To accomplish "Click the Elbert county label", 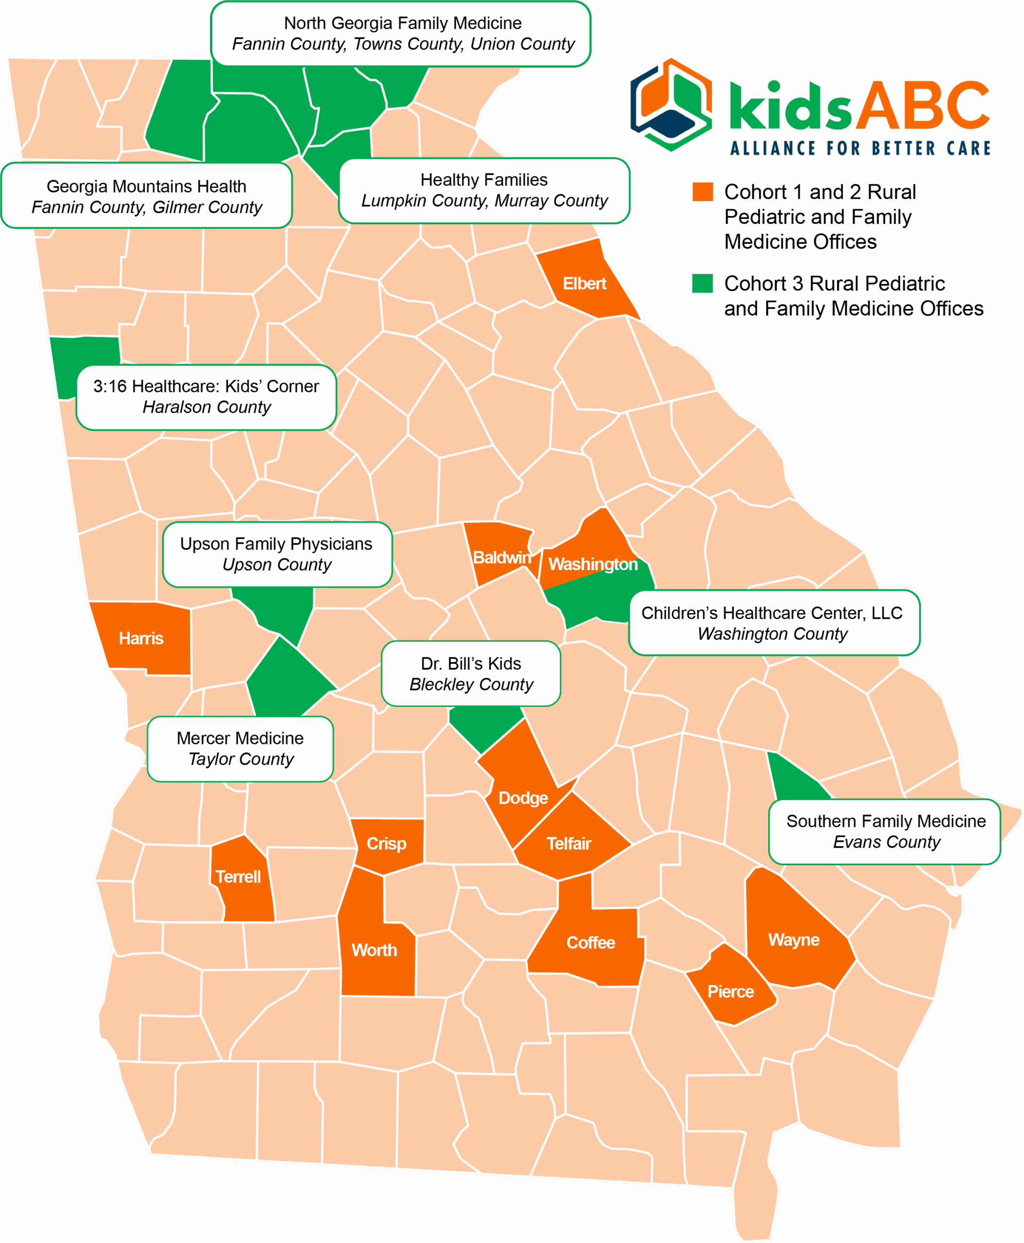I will [584, 284].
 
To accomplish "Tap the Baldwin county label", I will [502, 557].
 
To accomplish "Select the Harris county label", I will [141, 638].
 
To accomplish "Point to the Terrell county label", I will [238, 876].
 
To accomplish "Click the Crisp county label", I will [386, 843].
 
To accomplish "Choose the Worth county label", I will [374, 950].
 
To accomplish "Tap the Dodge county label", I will [523, 798].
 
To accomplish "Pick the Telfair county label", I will [569, 843].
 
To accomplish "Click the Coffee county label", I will [590, 943].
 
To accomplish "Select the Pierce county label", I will [730, 991].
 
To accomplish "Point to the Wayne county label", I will [793, 940].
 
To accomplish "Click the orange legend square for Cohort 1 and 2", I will [702, 192].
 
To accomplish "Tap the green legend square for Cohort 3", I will [702, 283].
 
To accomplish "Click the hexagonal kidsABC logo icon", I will [671, 104].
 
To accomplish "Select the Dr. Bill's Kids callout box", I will [470, 674].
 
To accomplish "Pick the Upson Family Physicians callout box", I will [277, 554].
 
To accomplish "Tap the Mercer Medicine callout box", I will [240, 749].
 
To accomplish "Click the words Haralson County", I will [206, 407].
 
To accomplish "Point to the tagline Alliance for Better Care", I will [860, 148].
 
